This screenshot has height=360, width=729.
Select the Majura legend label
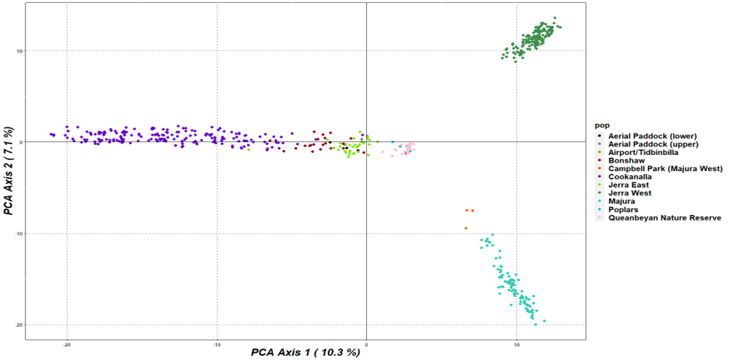623,201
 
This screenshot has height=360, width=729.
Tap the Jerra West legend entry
630,193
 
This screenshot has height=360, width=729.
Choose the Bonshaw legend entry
626,160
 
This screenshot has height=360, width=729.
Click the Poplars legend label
624,209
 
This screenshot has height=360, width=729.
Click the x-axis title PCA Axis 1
305,352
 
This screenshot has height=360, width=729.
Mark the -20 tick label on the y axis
18,325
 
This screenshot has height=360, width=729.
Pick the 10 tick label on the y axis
20,51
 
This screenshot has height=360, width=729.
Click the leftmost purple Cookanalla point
51,135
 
